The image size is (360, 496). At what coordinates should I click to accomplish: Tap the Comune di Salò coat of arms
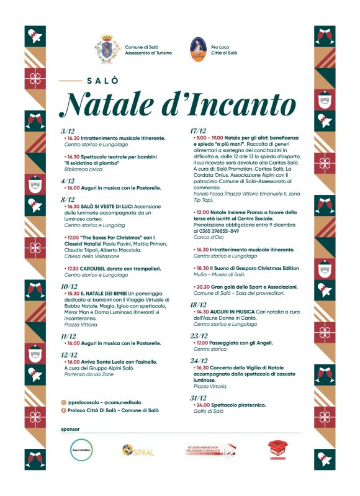click(106, 49)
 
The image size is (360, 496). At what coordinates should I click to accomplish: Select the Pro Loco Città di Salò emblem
click(198, 49)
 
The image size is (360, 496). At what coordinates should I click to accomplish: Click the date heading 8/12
click(68, 200)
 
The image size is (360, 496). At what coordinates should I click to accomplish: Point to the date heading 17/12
click(199, 131)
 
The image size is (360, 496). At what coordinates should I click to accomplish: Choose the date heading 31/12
click(199, 397)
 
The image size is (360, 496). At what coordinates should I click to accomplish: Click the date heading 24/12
click(199, 360)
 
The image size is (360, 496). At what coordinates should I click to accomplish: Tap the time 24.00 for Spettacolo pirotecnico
click(204, 405)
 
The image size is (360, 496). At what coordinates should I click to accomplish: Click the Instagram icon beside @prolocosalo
click(64, 402)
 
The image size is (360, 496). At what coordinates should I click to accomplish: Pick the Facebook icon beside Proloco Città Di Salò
click(64, 410)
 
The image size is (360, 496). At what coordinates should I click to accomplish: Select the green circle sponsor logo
click(81, 449)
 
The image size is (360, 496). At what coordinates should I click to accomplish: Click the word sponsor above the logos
click(71, 429)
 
